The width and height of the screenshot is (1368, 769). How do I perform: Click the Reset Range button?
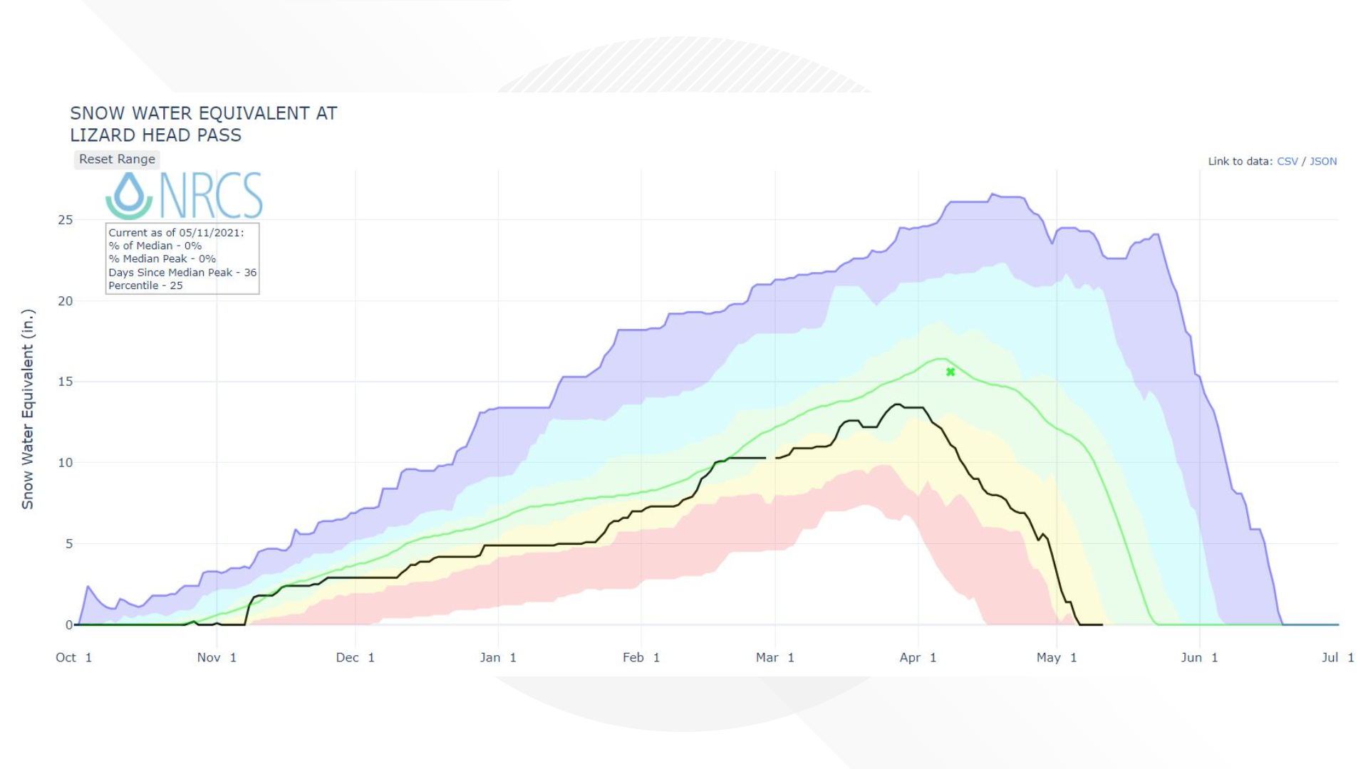[117, 159]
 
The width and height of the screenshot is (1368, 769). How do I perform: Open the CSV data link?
[1287, 162]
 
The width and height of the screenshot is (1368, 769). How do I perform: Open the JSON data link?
[1323, 162]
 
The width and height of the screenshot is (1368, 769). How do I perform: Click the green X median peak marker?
[950, 372]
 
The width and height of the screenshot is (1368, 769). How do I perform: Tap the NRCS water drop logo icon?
[129, 195]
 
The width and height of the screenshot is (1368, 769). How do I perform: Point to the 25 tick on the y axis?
[66, 220]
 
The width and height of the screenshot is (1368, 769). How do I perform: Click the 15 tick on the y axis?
[66, 382]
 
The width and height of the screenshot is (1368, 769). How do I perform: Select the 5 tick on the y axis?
[69, 544]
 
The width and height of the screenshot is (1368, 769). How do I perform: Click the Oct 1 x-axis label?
[73, 657]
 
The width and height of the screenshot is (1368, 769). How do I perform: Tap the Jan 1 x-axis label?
[498, 657]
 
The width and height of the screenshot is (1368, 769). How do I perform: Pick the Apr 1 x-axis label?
[918, 657]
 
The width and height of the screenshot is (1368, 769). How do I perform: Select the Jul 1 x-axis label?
[1337, 657]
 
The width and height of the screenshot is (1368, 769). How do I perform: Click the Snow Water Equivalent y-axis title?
[28, 409]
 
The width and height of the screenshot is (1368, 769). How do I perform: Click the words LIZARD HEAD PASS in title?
[155, 135]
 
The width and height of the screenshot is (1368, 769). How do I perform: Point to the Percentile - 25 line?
[145, 286]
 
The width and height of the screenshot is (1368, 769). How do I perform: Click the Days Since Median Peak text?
[182, 273]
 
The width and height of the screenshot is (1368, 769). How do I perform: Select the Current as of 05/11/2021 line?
[176, 233]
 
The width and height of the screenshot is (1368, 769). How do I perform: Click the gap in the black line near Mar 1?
[771, 458]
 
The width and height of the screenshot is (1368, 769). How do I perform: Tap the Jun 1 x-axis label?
[1199, 657]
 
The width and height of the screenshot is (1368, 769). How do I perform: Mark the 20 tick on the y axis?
[66, 301]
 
